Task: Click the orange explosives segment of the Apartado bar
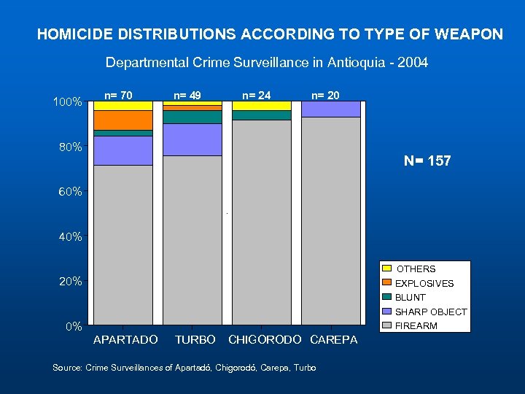coord(122,120)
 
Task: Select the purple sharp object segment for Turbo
coord(192,139)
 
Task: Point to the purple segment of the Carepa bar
coord(330,109)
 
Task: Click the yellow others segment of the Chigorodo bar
coord(261,105)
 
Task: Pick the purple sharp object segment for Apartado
coord(122,150)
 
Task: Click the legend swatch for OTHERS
coord(387,269)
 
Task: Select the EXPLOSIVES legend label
coord(424,283)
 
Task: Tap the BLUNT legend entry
coord(411,297)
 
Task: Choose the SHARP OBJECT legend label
coord(431,312)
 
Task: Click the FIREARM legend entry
coord(416,325)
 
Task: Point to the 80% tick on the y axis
coord(70,147)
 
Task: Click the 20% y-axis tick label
coord(70,282)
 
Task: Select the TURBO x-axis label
coord(195,340)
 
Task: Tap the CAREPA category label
coord(334,340)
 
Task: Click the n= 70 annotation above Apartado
coord(119,94)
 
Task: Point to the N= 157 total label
coord(427,161)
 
